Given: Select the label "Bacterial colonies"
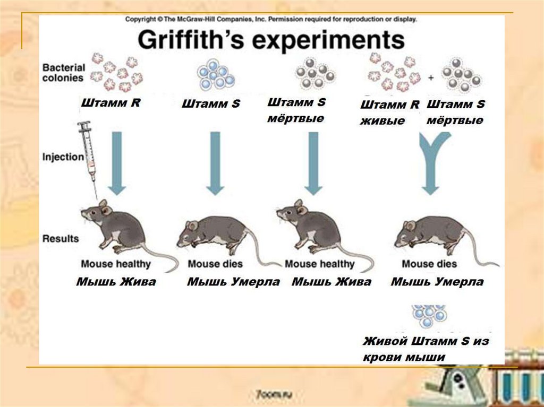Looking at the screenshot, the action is pyautogui.click(x=63, y=73).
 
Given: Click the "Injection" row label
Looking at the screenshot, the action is pyautogui.click(x=63, y=157).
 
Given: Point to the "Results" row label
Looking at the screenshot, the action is pyautogui.click(x=60, y=238).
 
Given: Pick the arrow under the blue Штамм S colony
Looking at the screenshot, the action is pyautogui.click(x=215, y=162).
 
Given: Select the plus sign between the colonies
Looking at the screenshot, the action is pyautogui.click(x=431, y=78).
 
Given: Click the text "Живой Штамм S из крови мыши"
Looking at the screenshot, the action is pyautogui.click(x=425, y=349).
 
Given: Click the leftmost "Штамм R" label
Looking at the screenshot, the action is pyautogui.click(x=110, y=103).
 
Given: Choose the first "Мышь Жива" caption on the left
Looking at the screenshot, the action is pyautogui.click(x=116, y=282).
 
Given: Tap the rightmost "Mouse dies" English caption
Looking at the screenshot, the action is pyautogui.click(x=429, y=264).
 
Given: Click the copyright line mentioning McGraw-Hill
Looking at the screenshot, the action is pyautogui.click(x=271, y=19).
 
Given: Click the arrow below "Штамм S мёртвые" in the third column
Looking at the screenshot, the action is pyautogui.click(x=313, y=162).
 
